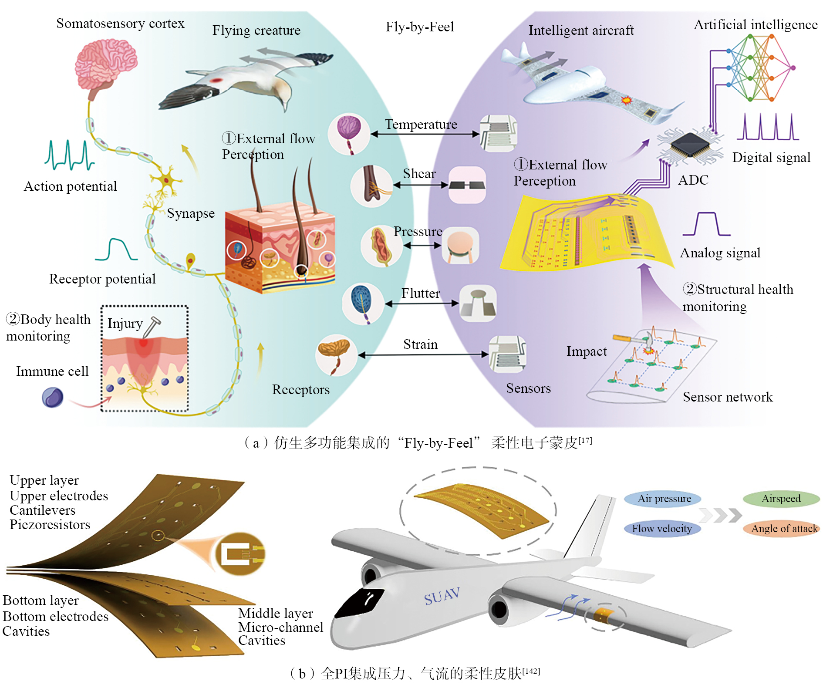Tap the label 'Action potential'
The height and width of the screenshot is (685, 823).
click(x=70, y=186)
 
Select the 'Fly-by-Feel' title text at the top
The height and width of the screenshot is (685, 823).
click(x=419, y=27)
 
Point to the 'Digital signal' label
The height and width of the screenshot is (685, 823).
click(x=771, y=158)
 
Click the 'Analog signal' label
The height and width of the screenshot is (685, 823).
click(x=720, y=253)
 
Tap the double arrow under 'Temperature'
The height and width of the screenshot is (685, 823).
click(x=425, y=135)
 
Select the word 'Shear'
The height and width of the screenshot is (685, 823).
click(x=419, y=174)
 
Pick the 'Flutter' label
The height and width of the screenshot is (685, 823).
click(x=420, y=294)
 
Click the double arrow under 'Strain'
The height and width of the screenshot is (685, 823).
click(x=423, y=355)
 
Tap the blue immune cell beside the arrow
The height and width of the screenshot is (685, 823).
click(x=53, y=398)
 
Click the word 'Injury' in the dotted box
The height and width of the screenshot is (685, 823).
click(x=125, y=324)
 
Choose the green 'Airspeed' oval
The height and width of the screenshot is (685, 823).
click(x=781, y=499)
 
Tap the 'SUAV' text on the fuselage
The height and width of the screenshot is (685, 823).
click(x=442, y=596)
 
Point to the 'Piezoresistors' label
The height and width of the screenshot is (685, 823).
click(x=50, y=525)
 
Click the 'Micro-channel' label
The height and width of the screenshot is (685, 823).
click(x=280, y=628)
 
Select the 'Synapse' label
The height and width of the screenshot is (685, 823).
click(x=191, y=213)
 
